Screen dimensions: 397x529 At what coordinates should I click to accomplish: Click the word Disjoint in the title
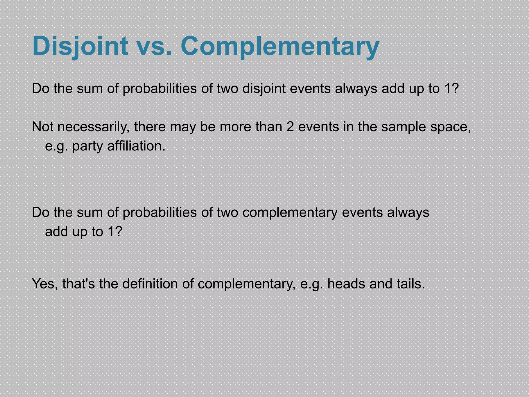pos(80,46)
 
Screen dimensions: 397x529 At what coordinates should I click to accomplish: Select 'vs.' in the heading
pos(154,46)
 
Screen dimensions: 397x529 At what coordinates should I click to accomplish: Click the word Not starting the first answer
pos(43,127)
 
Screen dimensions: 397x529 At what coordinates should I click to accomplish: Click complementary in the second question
pos(290,213)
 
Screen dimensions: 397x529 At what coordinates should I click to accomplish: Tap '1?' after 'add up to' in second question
pos(115,232)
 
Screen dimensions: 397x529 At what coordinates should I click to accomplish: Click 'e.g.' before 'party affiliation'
pos(57,147)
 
